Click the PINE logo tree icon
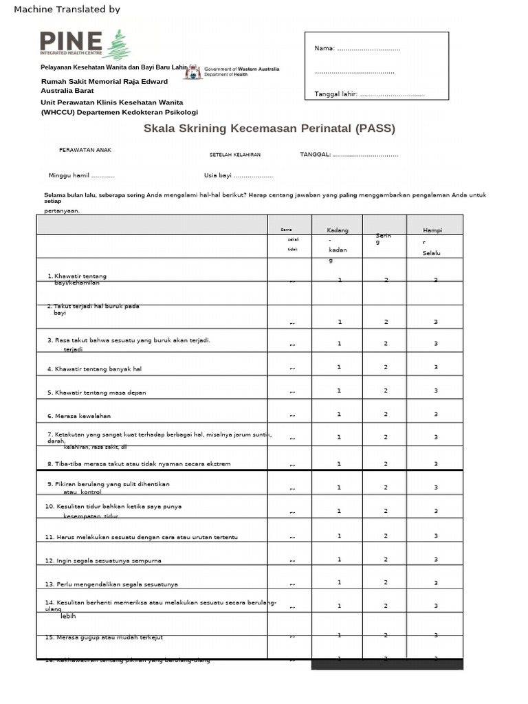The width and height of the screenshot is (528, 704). [x=120, y=45]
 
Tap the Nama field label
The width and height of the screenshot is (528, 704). [x=324, y=48]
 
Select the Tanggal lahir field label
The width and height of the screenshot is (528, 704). [x=335, y=94]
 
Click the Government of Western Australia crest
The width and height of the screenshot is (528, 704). [x=195, y=71]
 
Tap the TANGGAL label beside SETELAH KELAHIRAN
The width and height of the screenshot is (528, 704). [x=316, y=155]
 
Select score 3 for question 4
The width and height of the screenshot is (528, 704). [x=436, y=367]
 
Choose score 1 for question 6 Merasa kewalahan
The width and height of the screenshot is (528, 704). [x=340, y=414]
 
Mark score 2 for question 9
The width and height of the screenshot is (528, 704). [x=386, y=487]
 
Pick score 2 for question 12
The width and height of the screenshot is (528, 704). [x=386, y=559]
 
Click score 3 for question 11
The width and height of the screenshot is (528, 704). [x=436, y=536]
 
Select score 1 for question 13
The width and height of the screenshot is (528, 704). [x=340, y=582]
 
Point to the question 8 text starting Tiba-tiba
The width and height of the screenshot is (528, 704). [x=138, y=464]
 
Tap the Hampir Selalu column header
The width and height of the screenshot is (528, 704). [x=432, y=241]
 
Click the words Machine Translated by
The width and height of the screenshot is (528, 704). [x=67, y=10]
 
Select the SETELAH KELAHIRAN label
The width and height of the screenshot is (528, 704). [x=235, y=155]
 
